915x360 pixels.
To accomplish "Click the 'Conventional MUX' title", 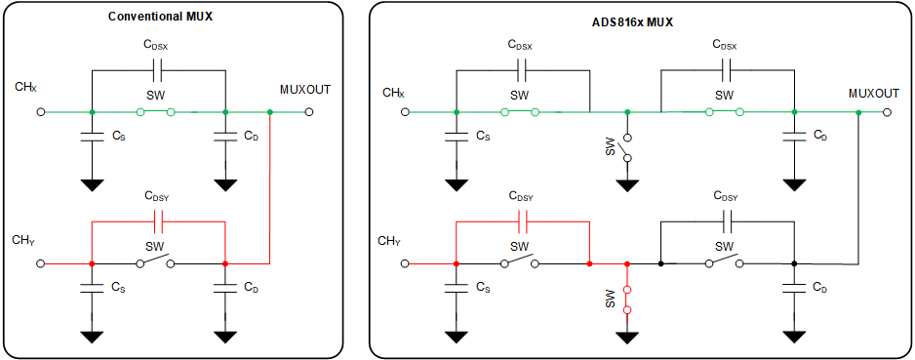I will (160, 17).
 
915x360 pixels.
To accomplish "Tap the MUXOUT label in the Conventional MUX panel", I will (304, 89).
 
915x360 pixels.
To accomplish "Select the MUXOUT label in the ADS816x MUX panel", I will (873, 94).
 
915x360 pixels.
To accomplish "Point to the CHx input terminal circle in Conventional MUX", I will (41, 112).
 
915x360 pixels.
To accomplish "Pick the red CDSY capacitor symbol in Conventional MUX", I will (159, 221).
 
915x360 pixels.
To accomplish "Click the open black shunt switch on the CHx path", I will (627, 147).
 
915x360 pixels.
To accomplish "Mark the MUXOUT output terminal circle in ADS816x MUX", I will (888, 112).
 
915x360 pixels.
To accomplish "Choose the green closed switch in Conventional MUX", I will (156, 112).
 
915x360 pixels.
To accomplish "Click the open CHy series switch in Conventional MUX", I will (156, 263).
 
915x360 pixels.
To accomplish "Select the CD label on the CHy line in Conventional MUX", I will (251, 288).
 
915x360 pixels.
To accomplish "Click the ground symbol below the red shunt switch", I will (627, 337).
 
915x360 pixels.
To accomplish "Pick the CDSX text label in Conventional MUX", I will (157, 45).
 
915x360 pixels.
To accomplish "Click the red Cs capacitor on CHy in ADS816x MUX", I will (456, 288).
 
